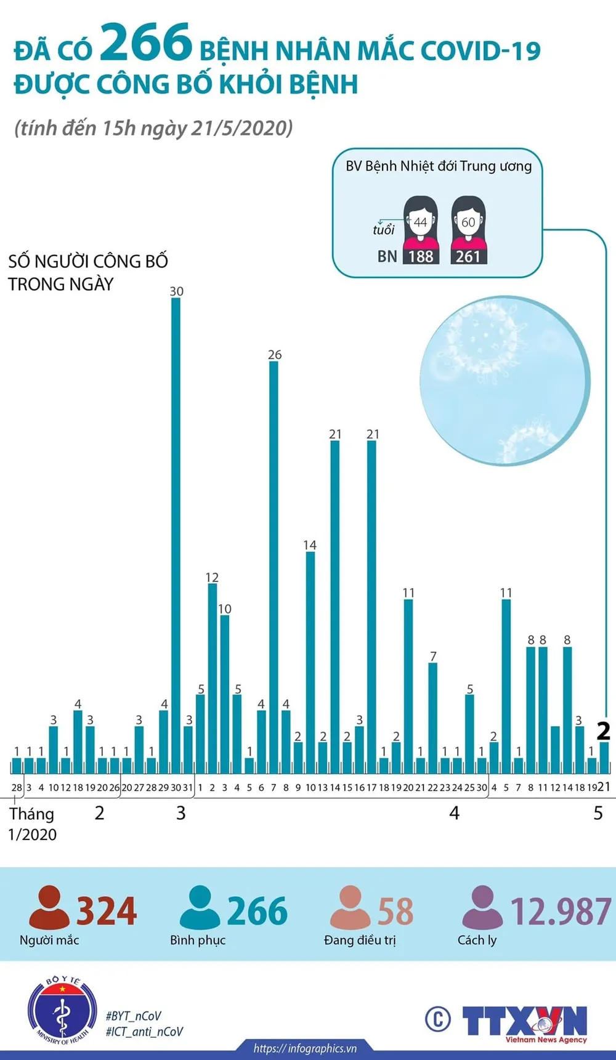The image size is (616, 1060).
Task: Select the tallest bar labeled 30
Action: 176,530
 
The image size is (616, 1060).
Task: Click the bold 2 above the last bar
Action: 603,731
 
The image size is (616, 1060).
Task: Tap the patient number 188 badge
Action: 421,256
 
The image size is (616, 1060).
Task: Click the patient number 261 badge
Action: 468,256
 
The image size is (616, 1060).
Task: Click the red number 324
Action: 106,912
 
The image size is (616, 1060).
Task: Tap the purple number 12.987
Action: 561,912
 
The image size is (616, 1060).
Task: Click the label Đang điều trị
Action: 360,940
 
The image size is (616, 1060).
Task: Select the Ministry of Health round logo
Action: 62,1010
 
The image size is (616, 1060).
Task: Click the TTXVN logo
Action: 525,1022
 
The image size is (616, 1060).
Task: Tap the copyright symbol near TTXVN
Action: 437,1019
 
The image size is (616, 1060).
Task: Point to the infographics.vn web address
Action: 305,1048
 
